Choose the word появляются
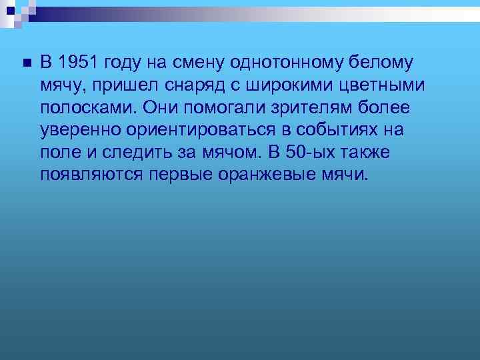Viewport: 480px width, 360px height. point(89,176)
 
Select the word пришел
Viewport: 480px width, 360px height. point(125,85)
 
